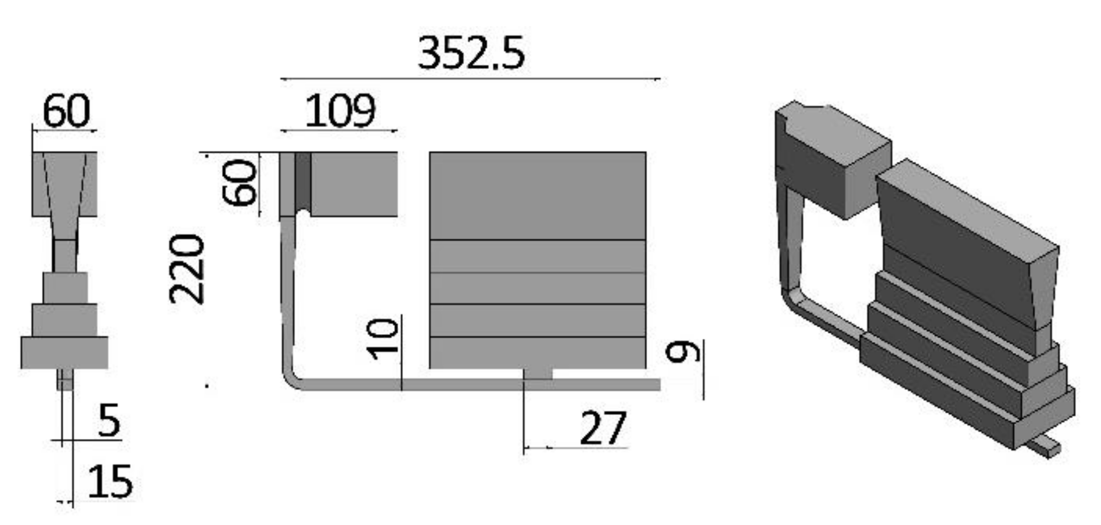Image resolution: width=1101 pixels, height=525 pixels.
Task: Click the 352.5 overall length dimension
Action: (x=471, y=53)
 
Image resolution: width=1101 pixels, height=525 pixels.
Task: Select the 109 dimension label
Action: (x=340, y=111)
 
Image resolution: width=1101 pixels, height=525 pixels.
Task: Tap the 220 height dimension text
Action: (x=187, y=269)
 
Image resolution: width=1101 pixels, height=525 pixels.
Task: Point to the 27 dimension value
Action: (x=603, y=428)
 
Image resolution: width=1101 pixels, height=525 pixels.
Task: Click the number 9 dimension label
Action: (x=683, y=352)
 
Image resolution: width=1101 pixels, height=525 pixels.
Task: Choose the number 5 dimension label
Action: (x=109, y=420)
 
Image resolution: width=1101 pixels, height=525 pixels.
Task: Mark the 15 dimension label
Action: (x=110, y=482)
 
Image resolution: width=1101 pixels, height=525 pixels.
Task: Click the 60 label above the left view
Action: (x=66, y=110)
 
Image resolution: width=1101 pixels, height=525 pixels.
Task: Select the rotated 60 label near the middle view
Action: (x=239, y=183)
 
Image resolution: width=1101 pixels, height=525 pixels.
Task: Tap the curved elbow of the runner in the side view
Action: (x=292, y=379)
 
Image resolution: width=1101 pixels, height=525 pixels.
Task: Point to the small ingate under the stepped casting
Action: (x=538, y=374)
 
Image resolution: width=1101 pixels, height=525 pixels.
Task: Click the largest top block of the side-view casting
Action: (x=537, y=196)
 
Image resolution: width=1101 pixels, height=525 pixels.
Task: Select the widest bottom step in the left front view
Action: (x=64, y=353)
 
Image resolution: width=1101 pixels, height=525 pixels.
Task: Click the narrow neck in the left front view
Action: (x=65, y=255)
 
